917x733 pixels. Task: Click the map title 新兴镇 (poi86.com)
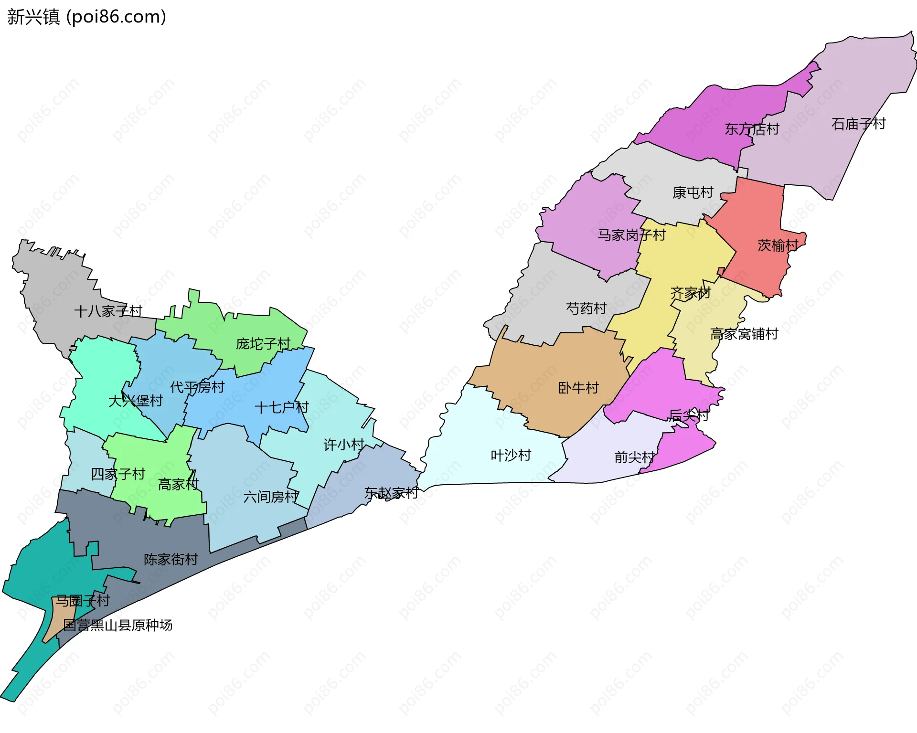pos(86,17)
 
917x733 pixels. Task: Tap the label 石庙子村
pos(858,124)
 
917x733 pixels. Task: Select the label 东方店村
pos(752,129)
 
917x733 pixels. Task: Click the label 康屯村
pos(693,192)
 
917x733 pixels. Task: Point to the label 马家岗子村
pos(631,235)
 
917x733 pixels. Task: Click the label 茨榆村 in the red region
pos(778,245)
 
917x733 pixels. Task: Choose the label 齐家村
pos(690,293)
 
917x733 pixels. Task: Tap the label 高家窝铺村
pos(744,334)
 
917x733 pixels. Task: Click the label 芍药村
pos(586,308)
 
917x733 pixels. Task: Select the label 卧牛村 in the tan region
pos(578,388)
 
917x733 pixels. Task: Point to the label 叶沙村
pos(511,456)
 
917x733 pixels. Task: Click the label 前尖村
pos(634,457)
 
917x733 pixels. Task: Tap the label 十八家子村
pos(108,311)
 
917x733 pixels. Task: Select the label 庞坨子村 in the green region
pos(263,344)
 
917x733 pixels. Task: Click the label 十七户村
pos(281,408)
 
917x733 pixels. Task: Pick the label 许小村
pos(343,445)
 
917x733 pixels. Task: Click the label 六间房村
pos(271,497)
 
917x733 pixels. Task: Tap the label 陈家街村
pos(171,560)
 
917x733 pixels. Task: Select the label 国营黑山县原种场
pos(117,625)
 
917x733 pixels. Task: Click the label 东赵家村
pos(391,493)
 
